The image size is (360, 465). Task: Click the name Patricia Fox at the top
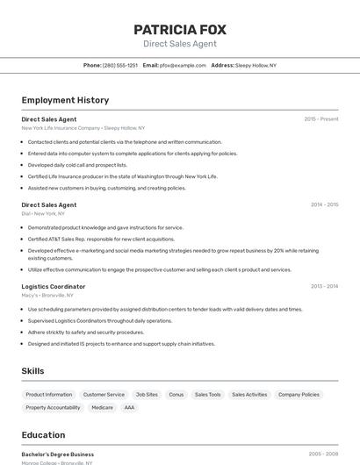tap(179, 29)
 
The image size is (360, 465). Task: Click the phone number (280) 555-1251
tap(120, 65)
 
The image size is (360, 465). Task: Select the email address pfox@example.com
tap(183, 65)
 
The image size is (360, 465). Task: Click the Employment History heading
tap(65, 100)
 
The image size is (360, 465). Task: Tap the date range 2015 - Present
tap(320, 118)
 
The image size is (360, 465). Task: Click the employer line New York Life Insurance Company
tap(83, 128)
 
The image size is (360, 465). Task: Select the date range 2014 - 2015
tap(324, 204)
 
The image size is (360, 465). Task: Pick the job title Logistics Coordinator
tap(53, 286)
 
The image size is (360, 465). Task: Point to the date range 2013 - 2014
tap(324, 286)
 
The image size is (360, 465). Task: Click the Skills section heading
tap(32, 371)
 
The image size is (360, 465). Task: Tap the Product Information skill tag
tap(49, 395)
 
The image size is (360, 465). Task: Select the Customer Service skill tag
tap(104, 395)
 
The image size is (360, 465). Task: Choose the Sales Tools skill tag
tap(207, 395)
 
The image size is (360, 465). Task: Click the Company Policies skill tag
tap(299, 395)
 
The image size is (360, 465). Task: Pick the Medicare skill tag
tap(103, 407)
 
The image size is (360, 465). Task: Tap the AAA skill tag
tap(129, 407)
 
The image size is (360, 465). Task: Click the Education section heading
tap(43, 435)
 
